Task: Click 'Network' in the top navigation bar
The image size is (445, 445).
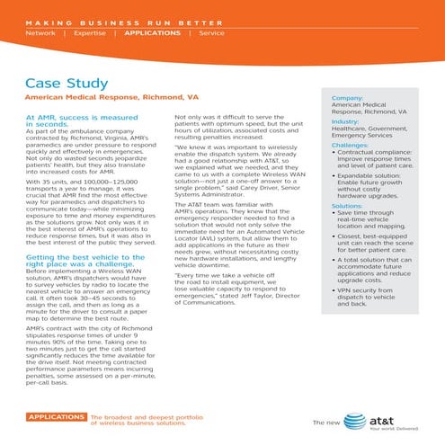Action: pyautogui.click(x=40, y=32)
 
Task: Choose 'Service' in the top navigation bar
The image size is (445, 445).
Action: pyautogui.click(x=212, y=32)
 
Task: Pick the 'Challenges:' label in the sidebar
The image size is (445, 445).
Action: pyautogui.click(x=350, y=145)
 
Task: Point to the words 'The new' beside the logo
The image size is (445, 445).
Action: pyautogui.click(x=325, y=423)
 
